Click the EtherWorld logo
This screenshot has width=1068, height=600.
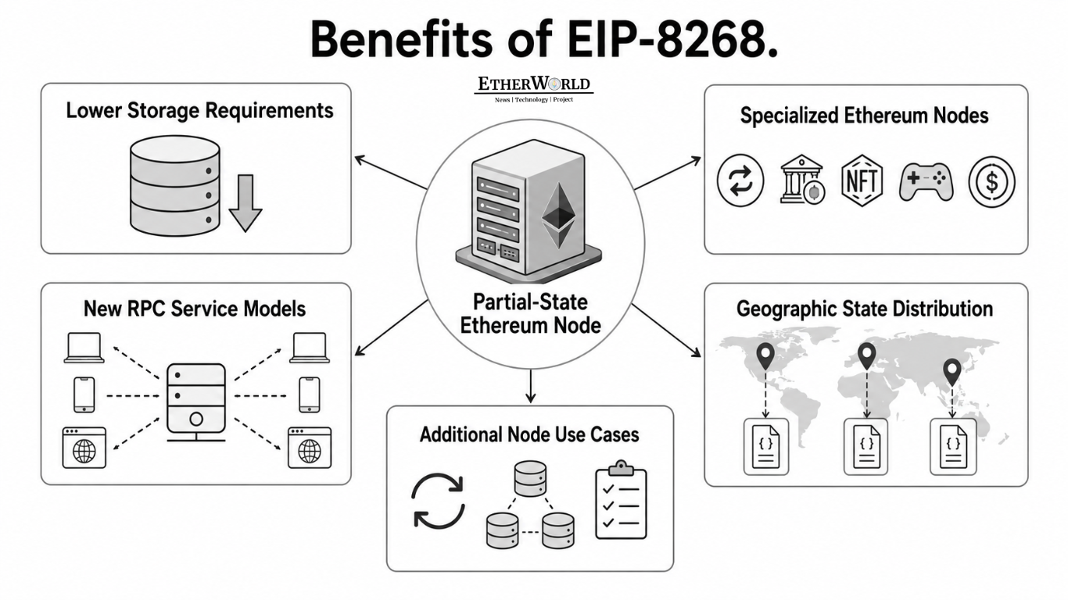click(533, 89)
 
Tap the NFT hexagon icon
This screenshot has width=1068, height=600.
click(862, 180)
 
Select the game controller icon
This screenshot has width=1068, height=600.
click(926, 182)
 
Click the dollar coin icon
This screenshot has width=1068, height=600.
click(991, 181)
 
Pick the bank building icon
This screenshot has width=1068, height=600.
click(802, 180)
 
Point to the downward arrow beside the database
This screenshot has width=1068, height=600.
click(245, 203)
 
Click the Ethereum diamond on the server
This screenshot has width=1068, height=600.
click(559, 216)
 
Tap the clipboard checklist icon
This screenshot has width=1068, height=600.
click(621, 500)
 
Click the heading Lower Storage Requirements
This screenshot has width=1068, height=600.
click(199, 111)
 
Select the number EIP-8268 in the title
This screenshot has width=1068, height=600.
click(672, 39)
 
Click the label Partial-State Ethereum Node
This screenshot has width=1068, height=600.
click(530, 314)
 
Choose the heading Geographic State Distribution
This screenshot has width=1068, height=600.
click(865, 309)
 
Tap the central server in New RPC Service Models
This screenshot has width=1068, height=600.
click(196, 402)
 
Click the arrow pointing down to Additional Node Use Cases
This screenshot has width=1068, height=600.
click(530, 386)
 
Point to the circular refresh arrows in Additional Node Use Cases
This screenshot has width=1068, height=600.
click(438, 501)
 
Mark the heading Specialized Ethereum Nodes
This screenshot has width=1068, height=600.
click(865, 116)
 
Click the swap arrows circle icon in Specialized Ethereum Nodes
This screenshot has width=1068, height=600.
click(740, 180)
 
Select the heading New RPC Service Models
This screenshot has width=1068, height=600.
click(195, 309)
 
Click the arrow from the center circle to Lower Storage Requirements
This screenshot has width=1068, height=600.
click(391, 173)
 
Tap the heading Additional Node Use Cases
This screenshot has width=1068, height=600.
click(529, 434)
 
